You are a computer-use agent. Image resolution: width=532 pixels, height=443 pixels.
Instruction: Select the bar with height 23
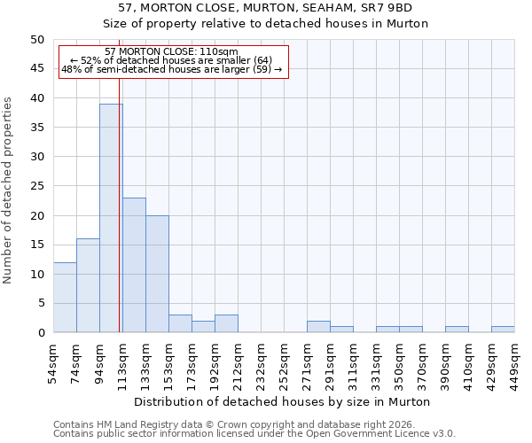click(x=134, y=265)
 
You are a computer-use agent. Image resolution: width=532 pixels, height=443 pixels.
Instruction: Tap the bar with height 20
click(x=157, y=274)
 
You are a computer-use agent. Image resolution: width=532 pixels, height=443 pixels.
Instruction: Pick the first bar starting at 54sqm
click(x=65, y=297)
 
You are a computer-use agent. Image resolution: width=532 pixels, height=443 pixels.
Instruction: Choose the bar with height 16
click(x=88, y=285)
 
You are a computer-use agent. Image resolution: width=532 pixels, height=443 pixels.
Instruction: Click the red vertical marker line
click(x=120, y=221)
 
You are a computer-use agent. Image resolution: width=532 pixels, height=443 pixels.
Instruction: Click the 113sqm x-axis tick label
click(x=122, y=361)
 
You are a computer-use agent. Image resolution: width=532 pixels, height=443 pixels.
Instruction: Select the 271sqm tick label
click(x=307, y=361)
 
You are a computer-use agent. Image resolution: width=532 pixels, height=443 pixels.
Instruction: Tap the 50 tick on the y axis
click(x=36, y=40)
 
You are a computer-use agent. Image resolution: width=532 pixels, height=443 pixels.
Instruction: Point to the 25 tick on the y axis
click(x=36, y=186)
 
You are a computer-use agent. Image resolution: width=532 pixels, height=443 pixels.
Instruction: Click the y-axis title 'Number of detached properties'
click(x=9, y=190)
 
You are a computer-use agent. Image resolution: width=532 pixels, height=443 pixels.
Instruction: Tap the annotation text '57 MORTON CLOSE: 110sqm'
click(x=171, y=52)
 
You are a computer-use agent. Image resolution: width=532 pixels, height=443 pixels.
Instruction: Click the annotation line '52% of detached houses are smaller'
click(x=171, y=60)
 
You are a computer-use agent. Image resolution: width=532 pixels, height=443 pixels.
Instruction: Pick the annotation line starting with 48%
click(x=171, y=69)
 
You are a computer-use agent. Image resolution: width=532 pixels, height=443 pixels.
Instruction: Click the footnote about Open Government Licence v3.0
click(x=254, y=434)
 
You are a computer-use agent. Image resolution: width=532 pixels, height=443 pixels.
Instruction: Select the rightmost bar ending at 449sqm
click(x=503, y=330)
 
